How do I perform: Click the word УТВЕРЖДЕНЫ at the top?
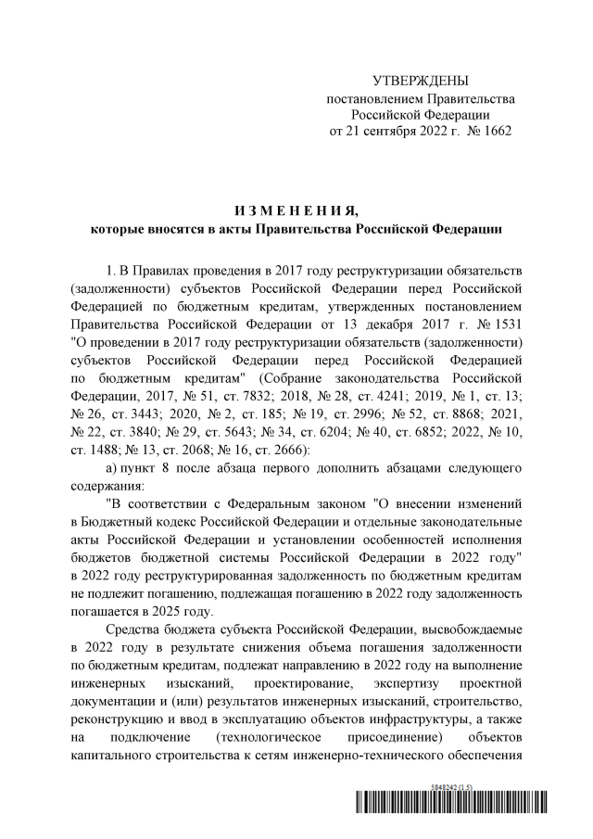420,82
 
